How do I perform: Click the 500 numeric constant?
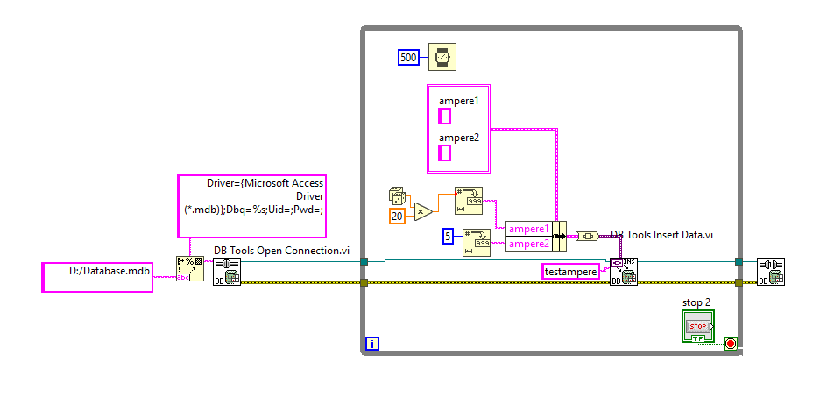point(408,58)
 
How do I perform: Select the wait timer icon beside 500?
point(442,58)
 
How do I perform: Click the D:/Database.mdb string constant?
point(97,277)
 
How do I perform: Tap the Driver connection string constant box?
point(251,206)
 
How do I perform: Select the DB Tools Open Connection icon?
point(227,271)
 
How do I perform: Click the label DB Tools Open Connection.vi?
point(281,251)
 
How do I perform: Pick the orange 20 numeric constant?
point(397,216)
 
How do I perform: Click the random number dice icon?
point(398,196)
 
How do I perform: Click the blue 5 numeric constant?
point(447,235)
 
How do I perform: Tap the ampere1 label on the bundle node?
point(529,228)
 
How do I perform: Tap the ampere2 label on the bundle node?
point(529,243)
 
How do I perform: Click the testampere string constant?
point(570,272)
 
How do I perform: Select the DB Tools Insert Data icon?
point(623,271)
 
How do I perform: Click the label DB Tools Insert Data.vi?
point(662,234)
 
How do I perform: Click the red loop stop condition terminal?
point(731,343)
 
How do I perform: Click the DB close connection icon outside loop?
point(770,271)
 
